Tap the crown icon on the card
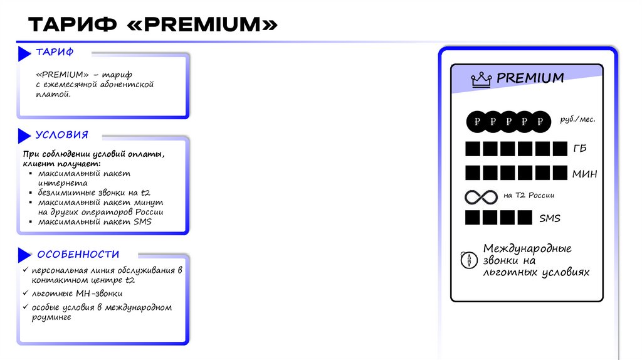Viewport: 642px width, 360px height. tap(481, 79)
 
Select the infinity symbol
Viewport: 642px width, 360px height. tap(481, 196)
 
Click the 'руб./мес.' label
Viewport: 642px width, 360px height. tap(577, 119)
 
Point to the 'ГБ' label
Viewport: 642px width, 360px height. tap(579, 149)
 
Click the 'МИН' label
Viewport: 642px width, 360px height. tap(584, 174)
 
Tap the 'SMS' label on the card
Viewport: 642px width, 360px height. tap(550, 218)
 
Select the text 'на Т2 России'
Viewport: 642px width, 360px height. tap(529, 195)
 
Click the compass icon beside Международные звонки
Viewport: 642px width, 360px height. tap(468, 260)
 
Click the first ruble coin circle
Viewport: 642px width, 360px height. tap(478, 121)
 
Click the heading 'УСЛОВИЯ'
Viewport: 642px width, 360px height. tap(62, 135)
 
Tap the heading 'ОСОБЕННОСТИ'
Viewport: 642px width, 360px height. tap(78, 254)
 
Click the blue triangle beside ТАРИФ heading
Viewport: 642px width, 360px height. tap(24, 53)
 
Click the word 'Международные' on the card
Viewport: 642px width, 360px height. tap(527, 248)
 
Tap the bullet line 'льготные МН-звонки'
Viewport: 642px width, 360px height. tap(76, 294)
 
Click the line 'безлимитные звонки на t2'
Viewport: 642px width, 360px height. tap(94, 193)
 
